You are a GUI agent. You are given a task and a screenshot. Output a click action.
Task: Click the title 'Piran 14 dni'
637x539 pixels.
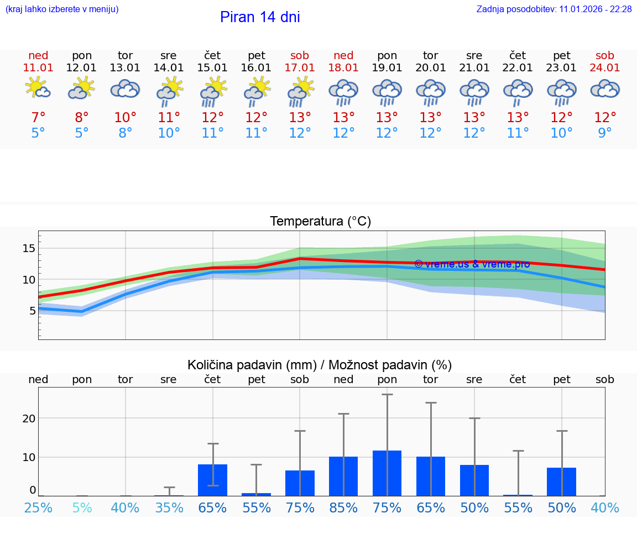click(x=260, y=17)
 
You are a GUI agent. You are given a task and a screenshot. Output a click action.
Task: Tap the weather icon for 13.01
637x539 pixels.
click(x=126, y=89)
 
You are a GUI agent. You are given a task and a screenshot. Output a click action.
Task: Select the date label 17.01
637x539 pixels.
click(x=300, y=68)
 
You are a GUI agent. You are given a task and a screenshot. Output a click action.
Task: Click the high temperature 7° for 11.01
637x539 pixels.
click(x=38, y=118)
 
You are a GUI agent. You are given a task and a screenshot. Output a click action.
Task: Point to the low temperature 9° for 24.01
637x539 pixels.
click(x=605, y=133)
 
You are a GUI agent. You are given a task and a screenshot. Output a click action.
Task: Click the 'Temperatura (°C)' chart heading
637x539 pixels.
click(x=320, y=222)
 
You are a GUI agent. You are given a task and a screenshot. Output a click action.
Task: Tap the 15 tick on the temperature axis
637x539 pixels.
click(x=28, y=249)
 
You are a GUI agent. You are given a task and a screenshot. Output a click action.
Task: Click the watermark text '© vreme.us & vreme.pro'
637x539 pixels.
click(x=472, y=264)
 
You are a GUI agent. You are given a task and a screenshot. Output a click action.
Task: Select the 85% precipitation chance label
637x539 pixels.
click(x=343, y=508)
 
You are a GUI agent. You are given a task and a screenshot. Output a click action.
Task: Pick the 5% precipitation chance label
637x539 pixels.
click(x=82, y=508)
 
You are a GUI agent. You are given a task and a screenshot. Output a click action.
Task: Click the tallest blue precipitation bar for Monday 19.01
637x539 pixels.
click(x=387, y=473)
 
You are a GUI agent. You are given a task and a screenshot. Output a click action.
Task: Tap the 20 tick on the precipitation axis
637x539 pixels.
click(x=29, y=418)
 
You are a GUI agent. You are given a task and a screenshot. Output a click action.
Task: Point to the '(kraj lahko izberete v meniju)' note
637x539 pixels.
click(x=62, y=9)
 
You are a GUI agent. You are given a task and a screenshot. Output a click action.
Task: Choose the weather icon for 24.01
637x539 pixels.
click(x=605, y=89)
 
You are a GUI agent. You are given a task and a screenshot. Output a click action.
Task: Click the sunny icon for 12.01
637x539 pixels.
click(x=82, y=88)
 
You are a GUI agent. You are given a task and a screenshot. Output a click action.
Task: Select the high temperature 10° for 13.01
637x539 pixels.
click(x=126, y=118)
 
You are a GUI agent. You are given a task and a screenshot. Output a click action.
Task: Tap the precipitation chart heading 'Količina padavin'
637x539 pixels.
click(x=320, y=365)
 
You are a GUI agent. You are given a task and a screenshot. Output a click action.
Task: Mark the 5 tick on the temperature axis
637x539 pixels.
click(x=32, y=311)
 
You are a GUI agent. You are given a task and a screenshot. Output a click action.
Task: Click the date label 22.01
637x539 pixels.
click(x=518, y=68)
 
